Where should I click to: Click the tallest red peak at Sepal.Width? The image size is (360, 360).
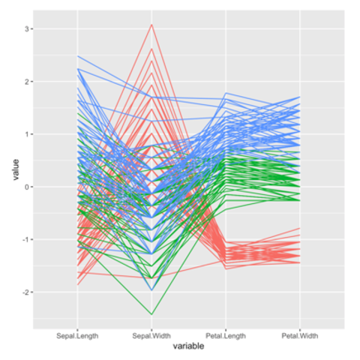click(x=151, y=24)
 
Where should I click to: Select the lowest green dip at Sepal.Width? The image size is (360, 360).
click(x=151, y=314)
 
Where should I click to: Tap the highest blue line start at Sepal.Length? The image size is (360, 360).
click(x=77, y=56)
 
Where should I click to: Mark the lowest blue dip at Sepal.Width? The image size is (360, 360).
click(x=151, y=290)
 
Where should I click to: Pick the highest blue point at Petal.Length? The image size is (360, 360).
click(x=226, y=93)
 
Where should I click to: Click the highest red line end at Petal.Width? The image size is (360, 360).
click(x=300, y=228)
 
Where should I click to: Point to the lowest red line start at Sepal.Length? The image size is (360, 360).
click(x=77, y=285)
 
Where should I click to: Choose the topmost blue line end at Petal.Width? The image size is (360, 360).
click(x=300, y=97)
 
